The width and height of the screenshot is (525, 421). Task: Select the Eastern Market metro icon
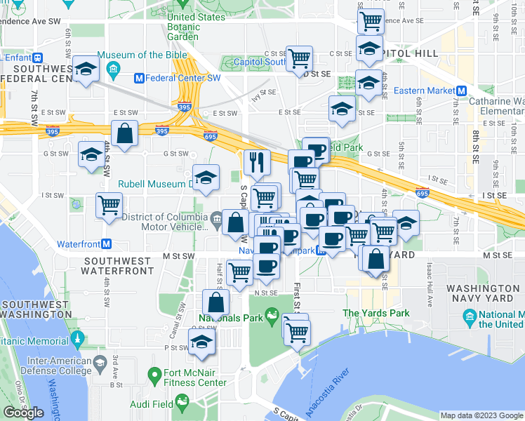coord(462,91)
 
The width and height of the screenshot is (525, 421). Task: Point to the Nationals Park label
coord(230,318)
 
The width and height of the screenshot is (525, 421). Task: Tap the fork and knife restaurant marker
coord(257,162)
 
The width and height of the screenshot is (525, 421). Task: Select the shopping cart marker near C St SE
coord(299,58)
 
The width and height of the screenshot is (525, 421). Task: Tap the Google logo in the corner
coord(24,413)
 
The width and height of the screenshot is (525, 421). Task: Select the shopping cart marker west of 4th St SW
coord(109,206)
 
